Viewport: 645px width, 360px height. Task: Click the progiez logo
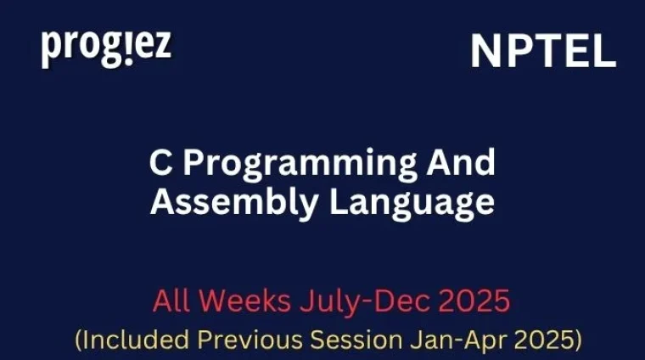(106, 48)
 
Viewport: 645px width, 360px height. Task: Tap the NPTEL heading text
(543, 53)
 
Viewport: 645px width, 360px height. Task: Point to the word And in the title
(466, 162)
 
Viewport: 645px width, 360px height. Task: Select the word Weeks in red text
(234, 301)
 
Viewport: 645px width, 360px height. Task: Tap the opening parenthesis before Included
(78, 340)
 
